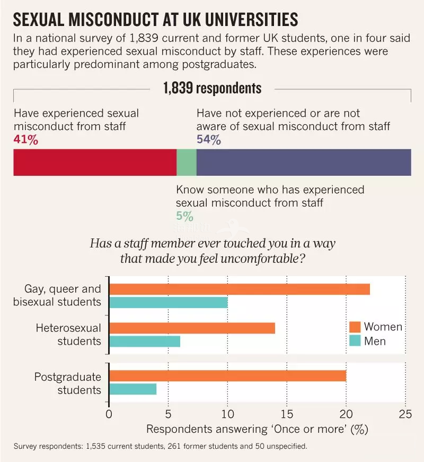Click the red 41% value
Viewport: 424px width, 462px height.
[x=25, y=140]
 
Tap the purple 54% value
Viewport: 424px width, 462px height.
[x=208, y=140]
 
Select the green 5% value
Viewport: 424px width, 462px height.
[x=184, y=216]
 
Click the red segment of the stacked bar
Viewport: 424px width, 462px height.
[x=94, y=162]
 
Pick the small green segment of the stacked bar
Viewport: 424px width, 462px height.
[x=186, y=162]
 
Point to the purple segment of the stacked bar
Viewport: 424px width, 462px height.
[x=304, y=162]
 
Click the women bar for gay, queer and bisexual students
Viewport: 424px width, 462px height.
[x=240, y=289]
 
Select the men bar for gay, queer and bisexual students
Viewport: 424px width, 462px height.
[x=169, y=303]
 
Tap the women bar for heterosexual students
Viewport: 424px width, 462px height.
[x=192, y=328]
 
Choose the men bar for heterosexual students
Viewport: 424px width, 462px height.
[x=145, y=341]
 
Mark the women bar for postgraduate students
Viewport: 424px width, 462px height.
[x=227, y=376]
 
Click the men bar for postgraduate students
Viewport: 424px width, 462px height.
[x=133, y=389]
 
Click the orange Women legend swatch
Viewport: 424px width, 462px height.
[x=355, y=327]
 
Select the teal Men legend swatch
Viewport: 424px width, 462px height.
[x=355, y=340]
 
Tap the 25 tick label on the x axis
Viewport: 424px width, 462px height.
[x=405, y=414]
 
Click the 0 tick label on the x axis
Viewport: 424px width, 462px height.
[x=109, y=414]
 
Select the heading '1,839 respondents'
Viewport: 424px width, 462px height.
[x=212, y=88]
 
